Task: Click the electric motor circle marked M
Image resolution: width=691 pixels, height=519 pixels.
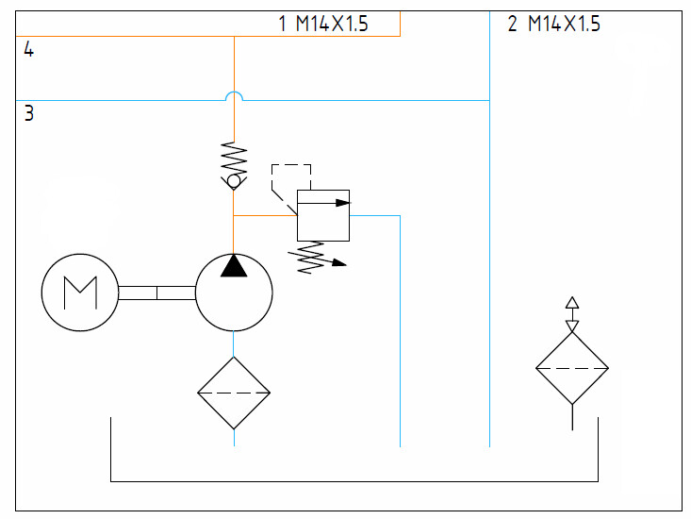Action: (x=79, y=293)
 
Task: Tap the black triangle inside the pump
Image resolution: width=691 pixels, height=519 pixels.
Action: (x=234, y=266)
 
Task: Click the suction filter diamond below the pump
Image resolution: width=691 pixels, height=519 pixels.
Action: (x=234, y=393)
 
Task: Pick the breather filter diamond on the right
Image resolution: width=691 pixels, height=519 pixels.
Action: (x=572, y=368)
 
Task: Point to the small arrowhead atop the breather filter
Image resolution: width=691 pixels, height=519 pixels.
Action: (x=571, y=303)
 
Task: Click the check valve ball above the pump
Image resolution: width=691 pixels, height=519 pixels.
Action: (x=234, y=180)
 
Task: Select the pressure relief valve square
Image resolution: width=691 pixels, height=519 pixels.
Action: (x=323, y=215)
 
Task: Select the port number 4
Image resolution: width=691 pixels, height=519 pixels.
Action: (x=29, y=51)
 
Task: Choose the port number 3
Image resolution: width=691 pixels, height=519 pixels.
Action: (x=29, y=114)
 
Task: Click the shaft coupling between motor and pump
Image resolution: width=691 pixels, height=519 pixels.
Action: (x=156, y=293)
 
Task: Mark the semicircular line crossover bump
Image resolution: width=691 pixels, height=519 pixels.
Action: (x=234, y=95)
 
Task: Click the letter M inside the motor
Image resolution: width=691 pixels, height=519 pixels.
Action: (x=79, y=293)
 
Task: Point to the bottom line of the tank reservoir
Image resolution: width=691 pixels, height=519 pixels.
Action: (x=354, y=481)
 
